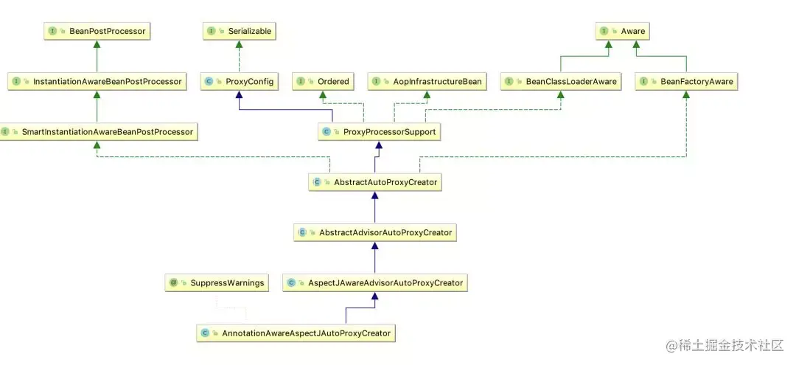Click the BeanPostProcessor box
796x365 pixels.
pyautogui.click(x=97, y=31)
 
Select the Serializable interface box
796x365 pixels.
pyautogui.click(x=239, y=31)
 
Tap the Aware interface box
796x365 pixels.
pyautogui.click(x=623, y=31)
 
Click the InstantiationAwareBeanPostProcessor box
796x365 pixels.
pyautogui.click(x=97, y=81)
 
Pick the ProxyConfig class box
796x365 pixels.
pyautogui.click(x=239, y=81)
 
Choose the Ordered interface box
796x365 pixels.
pyautogui.click(x=323, y=81)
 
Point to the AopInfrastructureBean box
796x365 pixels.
pyautogui.click(x=427, y=81)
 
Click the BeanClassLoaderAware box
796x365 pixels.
pyautogui.click(x=561, y=81)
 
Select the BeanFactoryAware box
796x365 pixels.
pyautogui.click(x=686, y=81)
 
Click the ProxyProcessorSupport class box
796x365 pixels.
pyautogui.click(x=379, y=132)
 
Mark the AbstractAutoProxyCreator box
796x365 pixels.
pyautogui.click(x=375, y=181)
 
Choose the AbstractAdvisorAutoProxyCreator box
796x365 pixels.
pyautogui.click(x=375, y=232)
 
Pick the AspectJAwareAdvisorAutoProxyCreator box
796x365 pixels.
pyautogui.click(x=375, y=282)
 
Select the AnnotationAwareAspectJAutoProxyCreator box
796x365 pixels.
pyautogui.click(x=297, y=333)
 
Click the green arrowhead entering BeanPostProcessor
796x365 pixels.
pyautogui.click(x=97, y=45)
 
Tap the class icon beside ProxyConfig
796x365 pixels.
pyautogui.click(x=209, y=82)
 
